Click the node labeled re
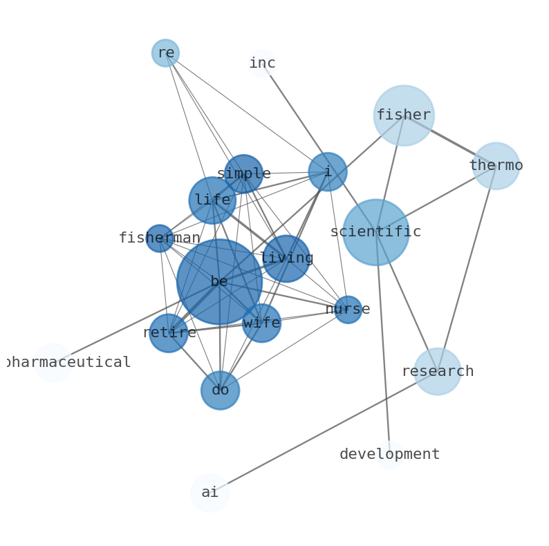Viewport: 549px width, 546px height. point(166,53)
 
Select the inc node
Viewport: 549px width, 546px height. point(262,64)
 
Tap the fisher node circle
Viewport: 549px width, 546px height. point(404,115)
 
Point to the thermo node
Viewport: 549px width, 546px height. point(496,166)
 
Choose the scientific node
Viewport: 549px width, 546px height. point(376,232)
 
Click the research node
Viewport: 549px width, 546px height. point(437,371)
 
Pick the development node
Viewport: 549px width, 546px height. point(390,455)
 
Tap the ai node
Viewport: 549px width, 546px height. point(210,493)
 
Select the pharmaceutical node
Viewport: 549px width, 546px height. point(53,363)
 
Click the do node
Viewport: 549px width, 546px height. point(221,390)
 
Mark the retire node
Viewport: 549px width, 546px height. point(169,333)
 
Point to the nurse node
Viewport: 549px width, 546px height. point(348,310)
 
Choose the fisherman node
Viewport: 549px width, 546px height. point(160,238)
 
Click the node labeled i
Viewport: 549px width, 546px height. point(328,172)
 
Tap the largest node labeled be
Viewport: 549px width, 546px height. point(219,282)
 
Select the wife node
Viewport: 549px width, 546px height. point(261,323)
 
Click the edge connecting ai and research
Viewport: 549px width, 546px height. point(324,432)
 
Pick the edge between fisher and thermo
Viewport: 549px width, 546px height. point(450,141)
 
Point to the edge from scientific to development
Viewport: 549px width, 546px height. point(382,343)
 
